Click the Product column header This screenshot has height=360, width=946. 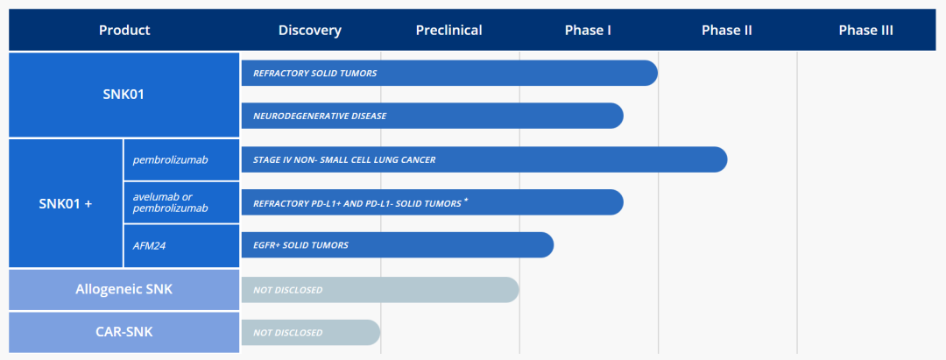(124, 30)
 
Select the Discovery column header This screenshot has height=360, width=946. (310, 30)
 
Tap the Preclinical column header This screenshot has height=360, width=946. (448, 30)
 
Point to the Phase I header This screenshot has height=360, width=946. (589, 30)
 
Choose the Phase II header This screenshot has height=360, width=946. (727, 30)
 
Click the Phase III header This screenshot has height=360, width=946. (866, 30)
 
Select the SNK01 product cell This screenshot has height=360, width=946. (124, 95)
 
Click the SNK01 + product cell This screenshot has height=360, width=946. (66, 203)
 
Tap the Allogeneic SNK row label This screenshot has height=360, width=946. (124, 289)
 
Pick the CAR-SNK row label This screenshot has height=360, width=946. (124, 332)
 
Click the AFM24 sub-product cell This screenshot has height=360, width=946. (181, 246)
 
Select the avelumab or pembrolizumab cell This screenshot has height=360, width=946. (181, 202)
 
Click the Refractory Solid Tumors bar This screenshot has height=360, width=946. (449, 73)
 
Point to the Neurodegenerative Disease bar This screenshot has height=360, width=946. (432, 116)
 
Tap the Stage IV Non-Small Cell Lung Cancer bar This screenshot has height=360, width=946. (484, 159)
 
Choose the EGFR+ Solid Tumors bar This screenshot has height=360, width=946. (398, 245)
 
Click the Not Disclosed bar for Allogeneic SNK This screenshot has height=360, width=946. (380, 290)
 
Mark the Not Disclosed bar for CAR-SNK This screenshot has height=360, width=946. (311, 332)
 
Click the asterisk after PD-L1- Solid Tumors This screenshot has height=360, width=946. (466, 201)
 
